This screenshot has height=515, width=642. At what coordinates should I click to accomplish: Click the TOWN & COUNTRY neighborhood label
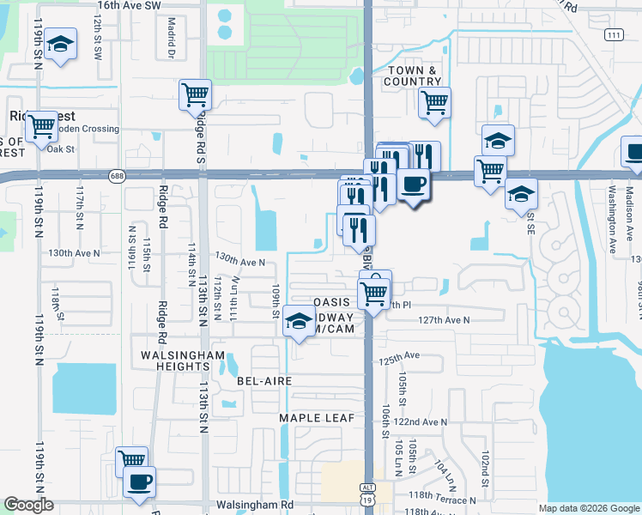tap(415, 76)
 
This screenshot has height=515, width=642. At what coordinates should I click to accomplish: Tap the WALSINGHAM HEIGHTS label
tap(185, 361)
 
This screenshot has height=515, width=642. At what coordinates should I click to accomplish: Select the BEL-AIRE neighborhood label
tap(266, 380)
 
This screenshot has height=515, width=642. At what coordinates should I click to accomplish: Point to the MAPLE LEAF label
tap(311, 418)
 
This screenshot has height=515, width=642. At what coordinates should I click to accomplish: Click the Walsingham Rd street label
tap(255, 506)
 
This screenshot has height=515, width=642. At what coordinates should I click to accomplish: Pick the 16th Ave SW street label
tap(130, 5)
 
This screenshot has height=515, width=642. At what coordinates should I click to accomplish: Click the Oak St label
tap(62, 148)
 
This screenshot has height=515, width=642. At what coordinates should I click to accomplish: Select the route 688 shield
tap(117, 176)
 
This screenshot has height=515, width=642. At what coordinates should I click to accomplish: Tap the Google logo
tap(29, 505)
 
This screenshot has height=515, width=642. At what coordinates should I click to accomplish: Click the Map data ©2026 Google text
tap(588, 508)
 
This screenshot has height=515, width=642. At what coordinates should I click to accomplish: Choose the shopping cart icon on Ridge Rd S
tap(196, 94)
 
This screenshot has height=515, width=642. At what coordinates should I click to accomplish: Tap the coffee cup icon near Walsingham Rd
tap(139, 481)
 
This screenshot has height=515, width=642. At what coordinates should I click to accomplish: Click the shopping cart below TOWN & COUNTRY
tap(434, 102)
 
